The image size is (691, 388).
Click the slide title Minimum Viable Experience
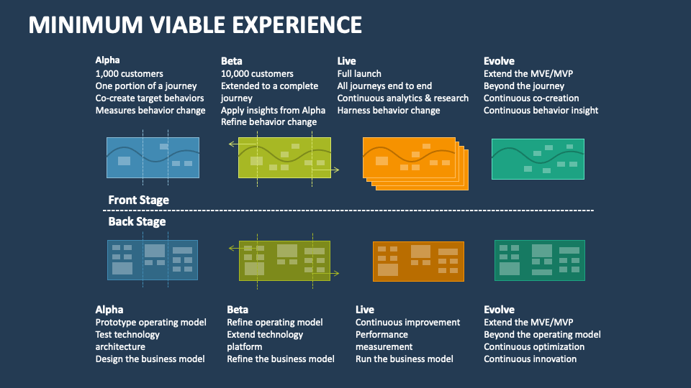(195, 24)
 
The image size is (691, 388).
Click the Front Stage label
(139, 200)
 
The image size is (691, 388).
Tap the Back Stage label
(137, 221)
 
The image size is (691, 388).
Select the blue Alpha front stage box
(153, 157)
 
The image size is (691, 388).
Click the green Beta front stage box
(284, 157)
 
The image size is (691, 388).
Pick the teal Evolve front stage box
(538, 158)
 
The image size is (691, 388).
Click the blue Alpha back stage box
(152, 259)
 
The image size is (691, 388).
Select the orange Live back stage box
(418, 261)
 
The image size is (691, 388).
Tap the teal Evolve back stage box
(539, 260)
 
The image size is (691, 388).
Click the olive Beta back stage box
(284, 259)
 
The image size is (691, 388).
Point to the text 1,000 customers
(129, 73)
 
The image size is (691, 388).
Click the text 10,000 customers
(257, 73)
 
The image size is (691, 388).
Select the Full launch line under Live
(359, 73)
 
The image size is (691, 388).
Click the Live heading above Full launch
(346, 61)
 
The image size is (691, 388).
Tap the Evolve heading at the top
(499, 61)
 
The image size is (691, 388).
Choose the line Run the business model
(405, 359)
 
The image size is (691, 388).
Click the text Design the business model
(150, 359)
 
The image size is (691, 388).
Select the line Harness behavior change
(389, 110)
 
